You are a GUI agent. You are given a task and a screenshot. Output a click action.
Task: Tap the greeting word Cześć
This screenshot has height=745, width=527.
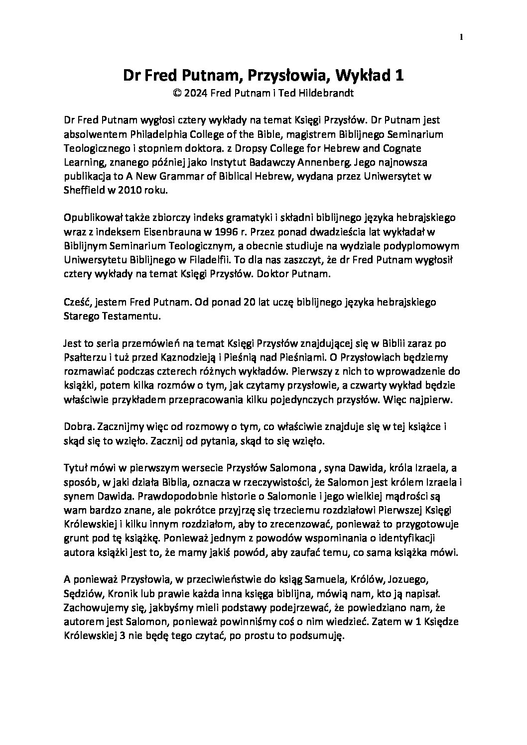click(77, 302)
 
